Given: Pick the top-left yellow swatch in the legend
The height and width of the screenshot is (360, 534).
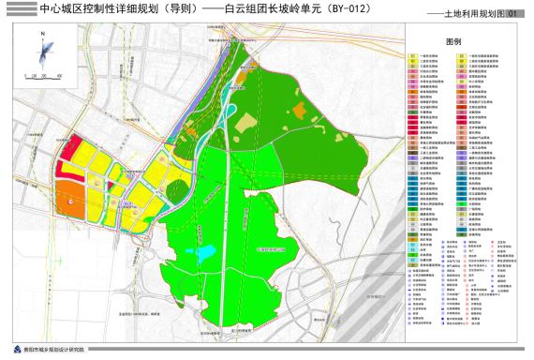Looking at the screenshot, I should click(x=413, y=56).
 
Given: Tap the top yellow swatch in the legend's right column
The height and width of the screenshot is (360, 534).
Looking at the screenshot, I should click(x=462, y=56).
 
